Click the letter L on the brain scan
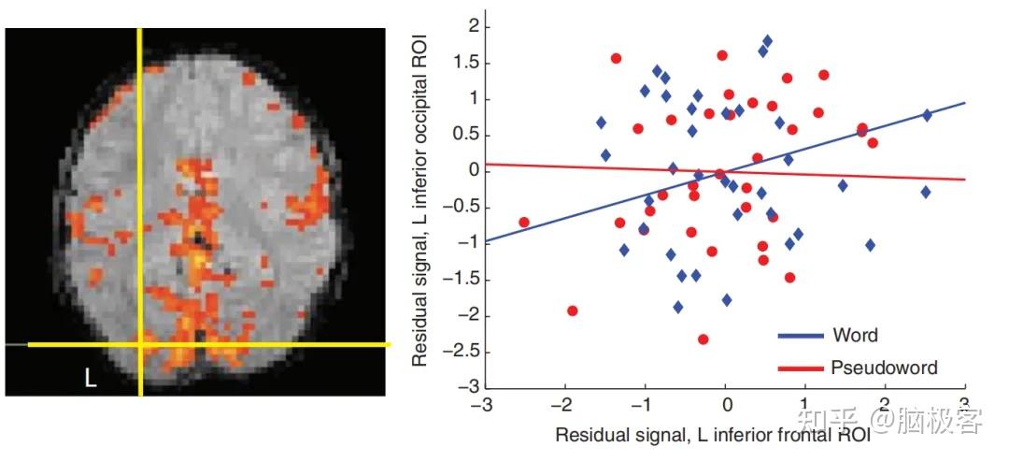[x=90, y=379]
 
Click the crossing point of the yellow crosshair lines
[x=140, y=344]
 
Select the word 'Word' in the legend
[x=857, y=335]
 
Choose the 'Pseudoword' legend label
[x=883, y=368]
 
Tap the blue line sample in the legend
[x=802, y=336]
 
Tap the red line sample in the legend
[x=802, y=368]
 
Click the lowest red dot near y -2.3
[x=703, y=339]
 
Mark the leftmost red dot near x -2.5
[x=524, y=223]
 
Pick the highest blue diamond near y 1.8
[x=767, y=41]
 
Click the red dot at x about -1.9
[x=572, y=310]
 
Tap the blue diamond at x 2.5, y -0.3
[x=926, y=192]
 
